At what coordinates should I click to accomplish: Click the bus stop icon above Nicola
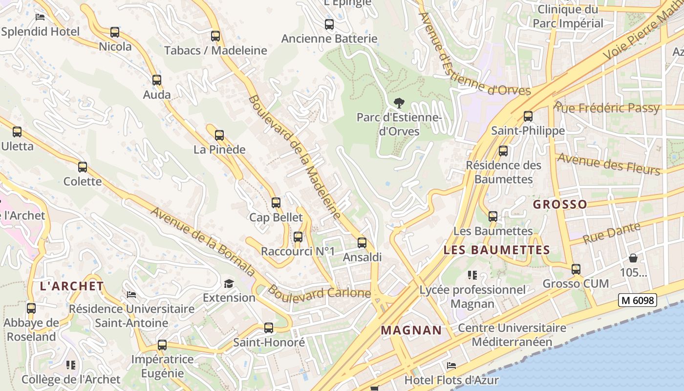coord(114,32)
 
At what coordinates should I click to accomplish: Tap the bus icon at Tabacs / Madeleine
coord(215,36)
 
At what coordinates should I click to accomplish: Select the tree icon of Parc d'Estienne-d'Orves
coord(399,103)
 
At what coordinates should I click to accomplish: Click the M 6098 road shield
coord(637,300)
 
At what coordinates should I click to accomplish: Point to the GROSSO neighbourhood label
coord(560,204)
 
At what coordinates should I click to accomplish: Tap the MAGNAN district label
coord(411,330)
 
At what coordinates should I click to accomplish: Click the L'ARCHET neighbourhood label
coord(72,286)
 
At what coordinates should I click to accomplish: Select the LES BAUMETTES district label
coord(496,250)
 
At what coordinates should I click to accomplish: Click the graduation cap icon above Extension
coord(229,283)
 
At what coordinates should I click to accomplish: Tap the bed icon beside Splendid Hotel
coord(40,17)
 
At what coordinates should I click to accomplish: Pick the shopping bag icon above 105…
coord(633,258)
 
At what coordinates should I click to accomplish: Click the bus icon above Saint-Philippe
coord(528,116)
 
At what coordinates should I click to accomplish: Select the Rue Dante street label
coord(612,233)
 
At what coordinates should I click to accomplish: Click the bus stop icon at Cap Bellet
coord(276,203)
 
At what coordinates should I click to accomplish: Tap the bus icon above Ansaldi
coord(362,243)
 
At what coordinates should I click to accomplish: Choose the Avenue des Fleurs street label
coord(608,164)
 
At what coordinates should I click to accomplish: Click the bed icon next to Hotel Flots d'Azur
coord(451,366)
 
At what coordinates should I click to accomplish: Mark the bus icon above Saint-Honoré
coord(268,328)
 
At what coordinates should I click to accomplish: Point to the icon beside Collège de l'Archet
coord(71,365)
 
